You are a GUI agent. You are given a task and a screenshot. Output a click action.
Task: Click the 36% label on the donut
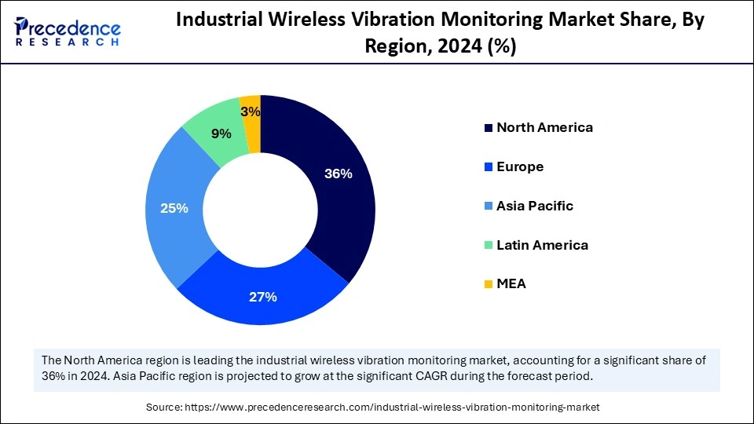(339, 174)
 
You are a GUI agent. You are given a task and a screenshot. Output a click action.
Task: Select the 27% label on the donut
(263, 297)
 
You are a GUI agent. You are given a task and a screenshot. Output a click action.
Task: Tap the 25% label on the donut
(174, 208)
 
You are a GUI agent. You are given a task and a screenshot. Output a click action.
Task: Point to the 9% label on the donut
(221, 133)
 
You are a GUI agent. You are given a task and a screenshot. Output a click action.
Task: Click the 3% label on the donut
(251, 111)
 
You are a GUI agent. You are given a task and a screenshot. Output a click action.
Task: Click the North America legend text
(544, 127)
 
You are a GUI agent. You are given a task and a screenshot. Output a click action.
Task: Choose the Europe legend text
(520, 166)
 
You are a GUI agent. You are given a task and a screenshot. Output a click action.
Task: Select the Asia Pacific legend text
(535, 206)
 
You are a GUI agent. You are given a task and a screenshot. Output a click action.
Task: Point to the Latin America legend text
(542, 245)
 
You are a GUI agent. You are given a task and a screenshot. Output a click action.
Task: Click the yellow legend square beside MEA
(489, 284)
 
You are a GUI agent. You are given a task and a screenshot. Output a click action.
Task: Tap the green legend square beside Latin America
(489, 245)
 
